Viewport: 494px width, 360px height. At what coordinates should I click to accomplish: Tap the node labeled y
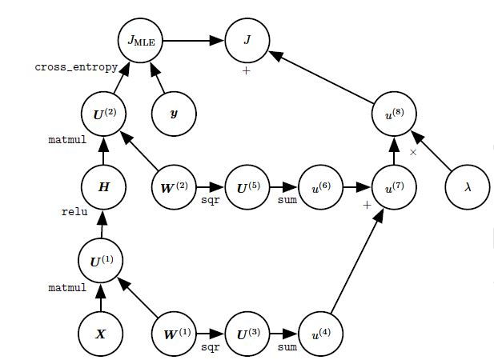[x=175, y=112]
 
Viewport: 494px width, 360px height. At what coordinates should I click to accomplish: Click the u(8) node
[x=395, y=112]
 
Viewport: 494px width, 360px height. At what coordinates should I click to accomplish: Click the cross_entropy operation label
[x=76, y=67]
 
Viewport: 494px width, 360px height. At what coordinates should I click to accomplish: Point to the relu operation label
[x=74, y=213]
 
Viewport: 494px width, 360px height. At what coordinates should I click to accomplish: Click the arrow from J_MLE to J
[x=194, y=38]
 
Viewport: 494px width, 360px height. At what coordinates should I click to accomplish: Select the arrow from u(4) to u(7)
[x=358, y=259]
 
